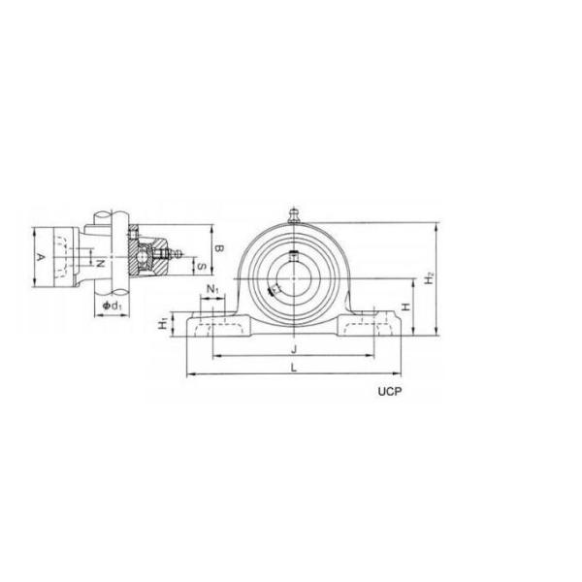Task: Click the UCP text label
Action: click(x=390, y=391)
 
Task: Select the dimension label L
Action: click(x=294, y=369)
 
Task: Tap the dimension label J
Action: click(x=294, y=349)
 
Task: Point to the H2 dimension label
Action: click(x=430, y=278)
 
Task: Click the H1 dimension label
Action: click(x=163, y=325)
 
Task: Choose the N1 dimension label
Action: click(x=212, y=288)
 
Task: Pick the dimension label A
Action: click(x=41, y=257)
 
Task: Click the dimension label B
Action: click(x=219, y=248)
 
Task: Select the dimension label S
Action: click(x=202, y=266)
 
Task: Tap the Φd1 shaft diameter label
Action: click(x=112, y=306)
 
